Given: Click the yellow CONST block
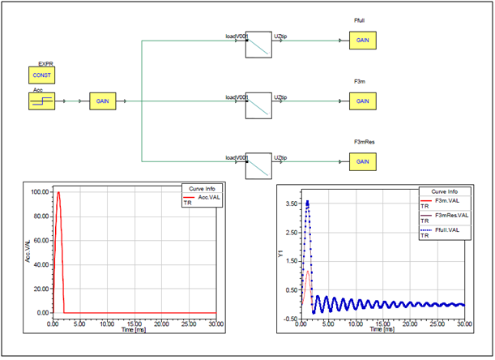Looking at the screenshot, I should coord(41,75).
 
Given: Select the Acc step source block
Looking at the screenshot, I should coord(41,102).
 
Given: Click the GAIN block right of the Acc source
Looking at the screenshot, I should coord(102,102).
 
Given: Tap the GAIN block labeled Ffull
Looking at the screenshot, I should coord(362,41).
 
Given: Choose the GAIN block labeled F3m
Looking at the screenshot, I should coord(362,102).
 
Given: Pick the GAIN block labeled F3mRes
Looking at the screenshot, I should coord(362,161).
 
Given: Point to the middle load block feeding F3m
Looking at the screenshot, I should coord(258,104).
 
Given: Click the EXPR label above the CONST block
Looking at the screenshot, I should coord(45,62).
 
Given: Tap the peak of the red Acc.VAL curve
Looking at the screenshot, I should coord(58,192).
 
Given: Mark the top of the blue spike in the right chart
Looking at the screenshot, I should coord(307,201).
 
